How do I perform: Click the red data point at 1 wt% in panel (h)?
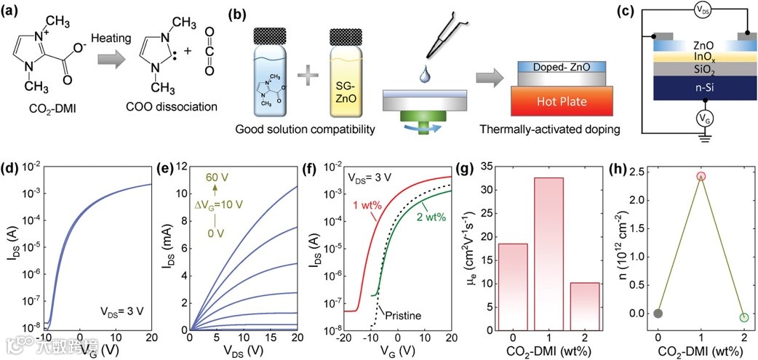(x=701, y=176)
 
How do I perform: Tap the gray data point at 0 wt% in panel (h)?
(x=658, y=313)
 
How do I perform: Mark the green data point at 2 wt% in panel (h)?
(x=744, y=317)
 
